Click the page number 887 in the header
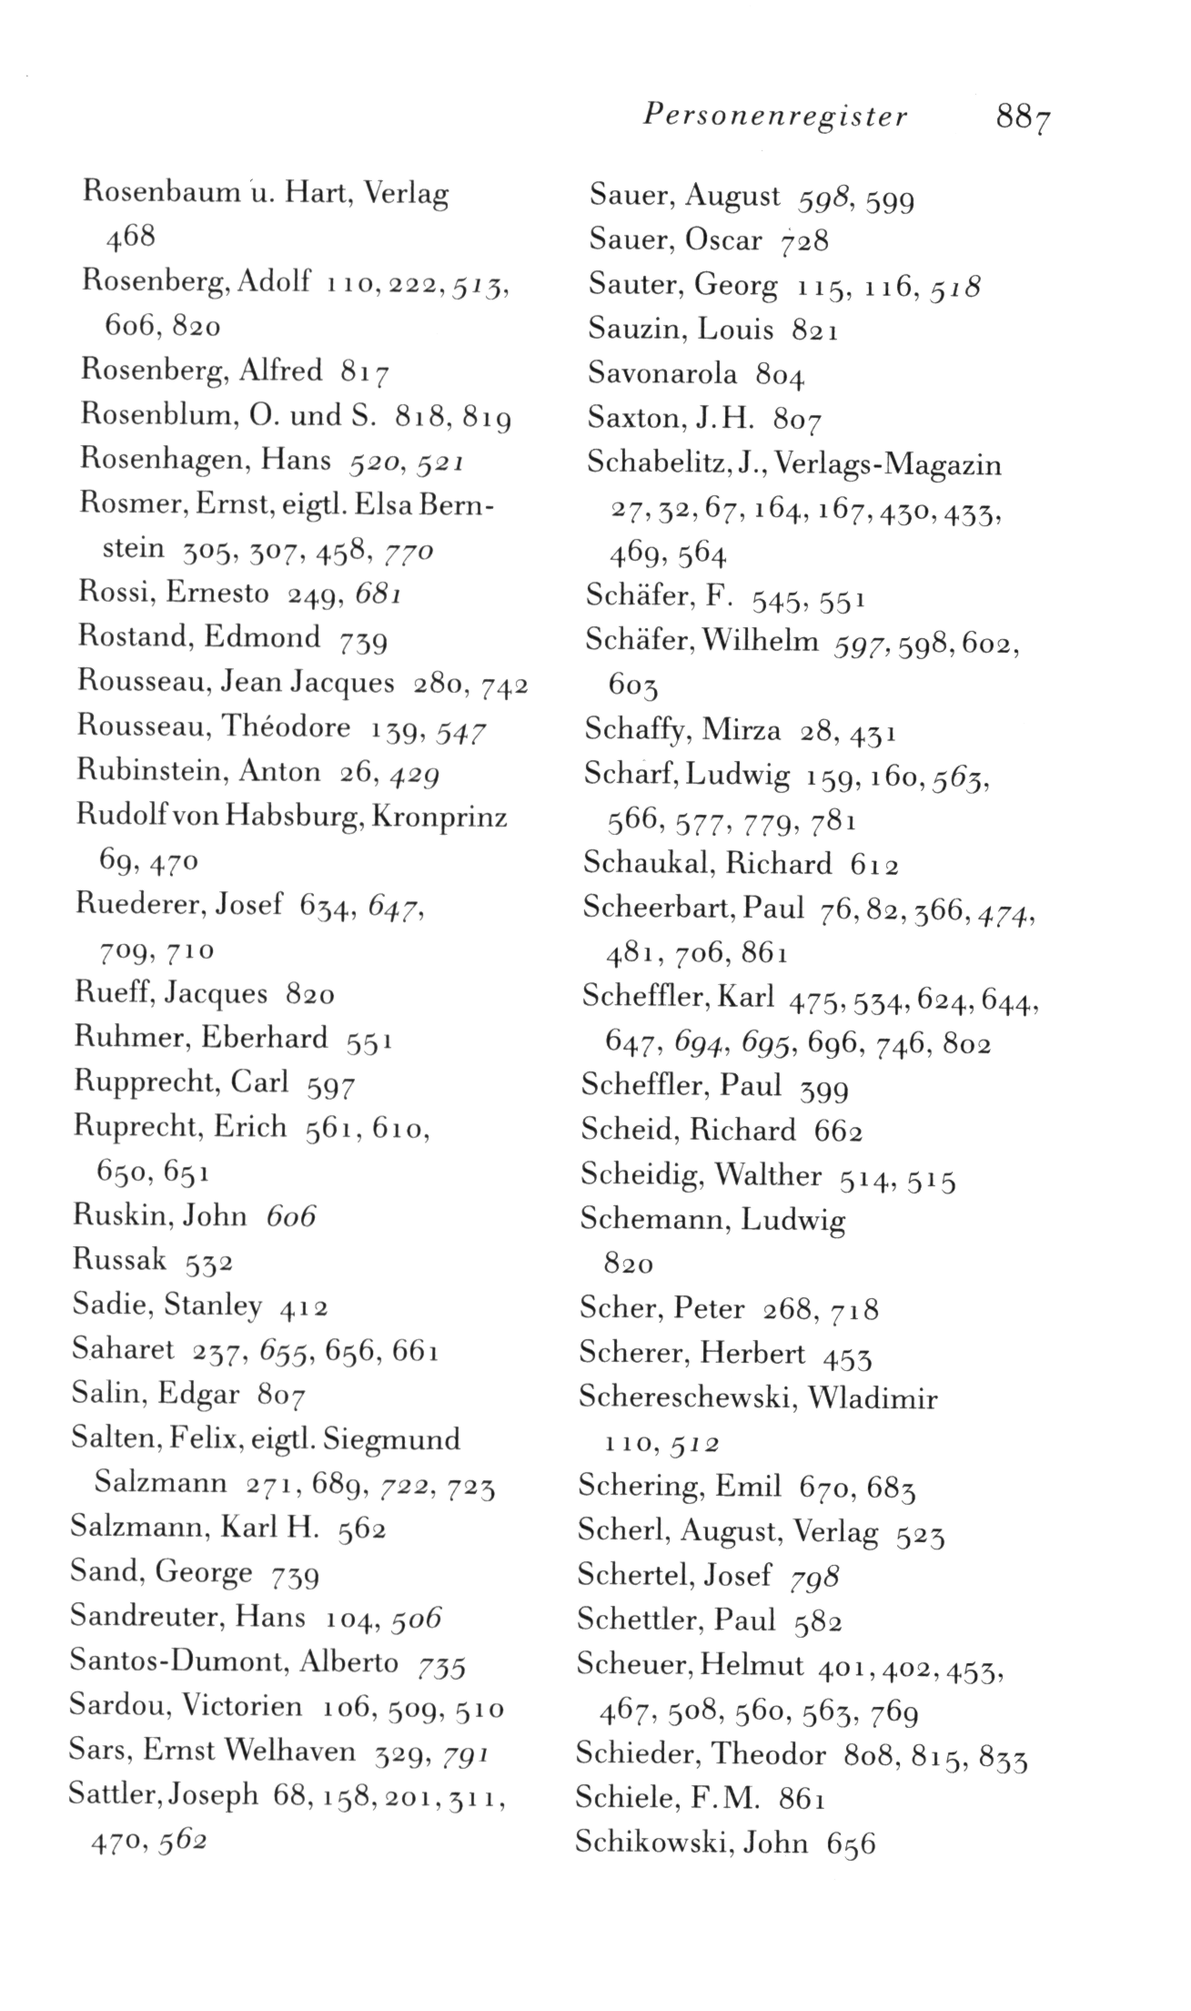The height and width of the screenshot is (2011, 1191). tap(1024, 119)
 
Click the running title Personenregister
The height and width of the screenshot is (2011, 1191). tap(774, 117)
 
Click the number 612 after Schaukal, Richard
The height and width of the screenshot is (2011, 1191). tap(874, 864)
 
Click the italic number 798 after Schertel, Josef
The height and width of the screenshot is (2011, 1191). tap(814, 1576)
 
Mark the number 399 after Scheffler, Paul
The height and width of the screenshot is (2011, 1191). tap(823, 1089)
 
